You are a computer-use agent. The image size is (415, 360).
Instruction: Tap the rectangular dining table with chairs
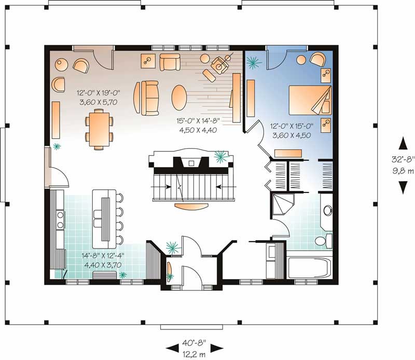[99, 130]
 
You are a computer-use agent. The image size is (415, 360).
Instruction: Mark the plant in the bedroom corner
[254, 63]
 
